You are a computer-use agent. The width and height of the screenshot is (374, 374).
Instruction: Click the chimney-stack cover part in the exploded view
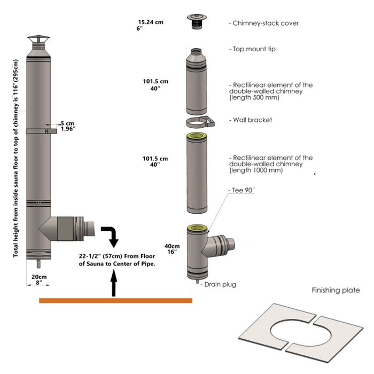click(x=196, y=22)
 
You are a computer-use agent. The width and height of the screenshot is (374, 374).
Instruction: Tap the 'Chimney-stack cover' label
click(x=263, y=23)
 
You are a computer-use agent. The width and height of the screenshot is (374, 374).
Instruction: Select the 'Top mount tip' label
click(x=254, y=49)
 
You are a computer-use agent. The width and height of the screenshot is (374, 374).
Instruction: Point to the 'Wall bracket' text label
click(x=252, y=120)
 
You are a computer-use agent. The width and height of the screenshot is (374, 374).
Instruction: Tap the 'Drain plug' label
click(x=220, y=285)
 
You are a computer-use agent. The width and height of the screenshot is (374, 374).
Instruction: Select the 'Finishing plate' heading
click(x=336, y=291)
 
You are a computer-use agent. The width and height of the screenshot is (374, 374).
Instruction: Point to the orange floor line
click(x=115, y=301)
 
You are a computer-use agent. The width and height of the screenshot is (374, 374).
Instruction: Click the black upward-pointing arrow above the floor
click(x=113, y=283)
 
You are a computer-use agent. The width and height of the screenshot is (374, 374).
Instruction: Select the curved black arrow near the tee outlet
click(x=112, y=234)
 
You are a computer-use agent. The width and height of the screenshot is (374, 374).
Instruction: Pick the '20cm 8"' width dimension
click(x=38, y=279)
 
